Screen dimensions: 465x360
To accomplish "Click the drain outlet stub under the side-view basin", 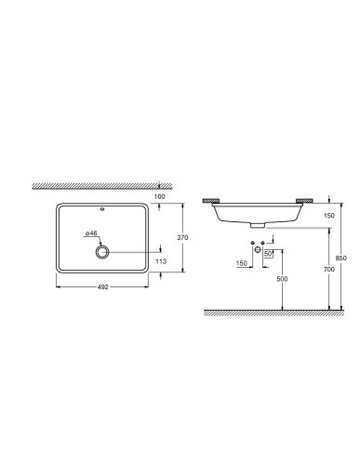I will [257, 224].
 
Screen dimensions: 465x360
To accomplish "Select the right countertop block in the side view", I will [302, 201].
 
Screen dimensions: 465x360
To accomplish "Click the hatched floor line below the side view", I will [270, 312].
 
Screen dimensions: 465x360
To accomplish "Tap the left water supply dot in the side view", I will [251, 252].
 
